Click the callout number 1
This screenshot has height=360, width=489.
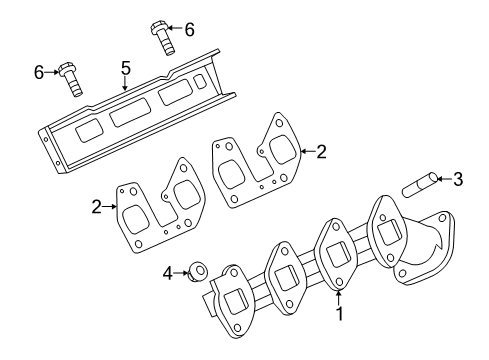pos(339,313)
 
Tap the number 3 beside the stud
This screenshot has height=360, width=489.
pos(458,180)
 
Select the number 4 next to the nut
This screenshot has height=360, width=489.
pos(169,271)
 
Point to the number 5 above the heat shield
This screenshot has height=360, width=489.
pos(126,68)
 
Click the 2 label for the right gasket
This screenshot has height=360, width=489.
pos(320,153)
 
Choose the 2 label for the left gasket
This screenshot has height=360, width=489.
pos(97,207)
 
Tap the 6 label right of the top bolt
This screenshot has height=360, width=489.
pos(190,29)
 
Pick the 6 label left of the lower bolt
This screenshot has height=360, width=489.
pos(39,71)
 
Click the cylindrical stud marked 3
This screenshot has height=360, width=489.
pos(418,185)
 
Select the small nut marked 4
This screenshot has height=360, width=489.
pos(199,270)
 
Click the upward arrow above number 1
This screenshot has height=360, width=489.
pos(339,295)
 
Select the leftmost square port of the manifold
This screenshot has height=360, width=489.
pos(236,303)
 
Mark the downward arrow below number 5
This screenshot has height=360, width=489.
pos(126,84)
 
